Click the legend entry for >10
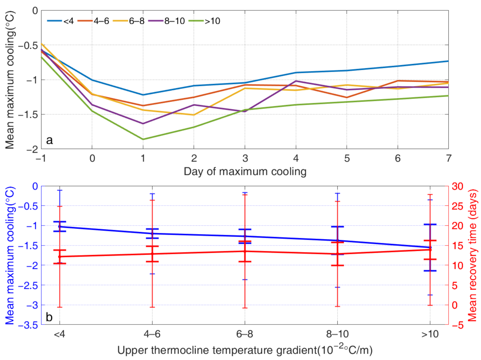pos(204,21)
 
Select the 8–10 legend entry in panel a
pos(167,21)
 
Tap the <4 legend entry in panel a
pos(61,21)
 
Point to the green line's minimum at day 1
pos(143,139)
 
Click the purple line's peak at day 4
pos(296,81)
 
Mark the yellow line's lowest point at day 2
pos(194,115)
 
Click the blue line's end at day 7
pos(448,61)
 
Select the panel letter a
pos(49,140)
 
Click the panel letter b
pos(49,317)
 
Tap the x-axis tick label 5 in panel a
pos(347,158)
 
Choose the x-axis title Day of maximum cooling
pos(245,171)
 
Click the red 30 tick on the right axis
pos(458,186)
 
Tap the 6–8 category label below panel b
pos(244,334)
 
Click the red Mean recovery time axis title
pos(473,255)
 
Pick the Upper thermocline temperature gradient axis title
pos(245,350)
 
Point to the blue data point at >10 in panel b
pos(430,247)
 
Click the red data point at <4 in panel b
pos(59,257)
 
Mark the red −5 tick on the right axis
pos(458,325)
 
